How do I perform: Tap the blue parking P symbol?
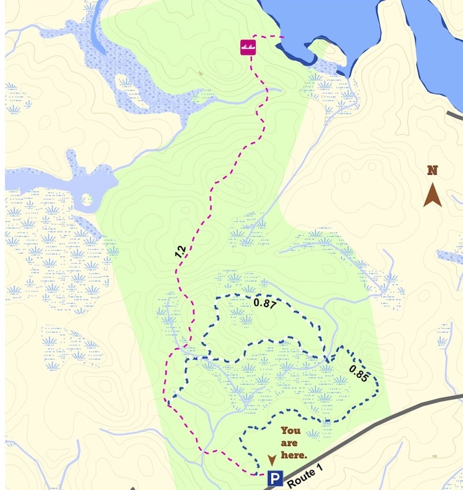pos(274,479)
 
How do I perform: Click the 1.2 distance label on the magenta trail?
pos(181,252)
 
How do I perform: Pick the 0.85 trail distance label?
pos(358,374)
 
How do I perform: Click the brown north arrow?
pos(432,195)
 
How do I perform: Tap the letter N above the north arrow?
pos(432,170)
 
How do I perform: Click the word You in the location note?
pos(291,430)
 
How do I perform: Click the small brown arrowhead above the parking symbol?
pos(271,460)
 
